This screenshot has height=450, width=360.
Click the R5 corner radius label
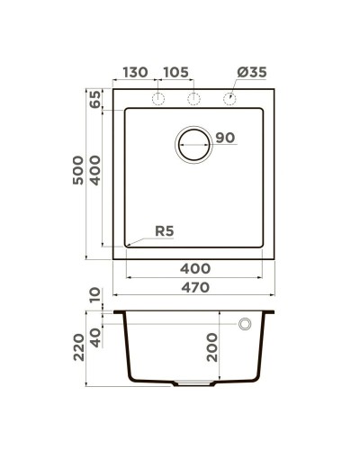click(164, 231)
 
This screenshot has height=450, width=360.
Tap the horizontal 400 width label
click(195, 268)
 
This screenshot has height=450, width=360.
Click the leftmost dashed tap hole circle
click(159, 97)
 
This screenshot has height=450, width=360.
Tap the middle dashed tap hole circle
click(193, 97)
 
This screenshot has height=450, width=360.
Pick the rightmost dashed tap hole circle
click(229, 97)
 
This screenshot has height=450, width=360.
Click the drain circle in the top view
click(192, 144)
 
